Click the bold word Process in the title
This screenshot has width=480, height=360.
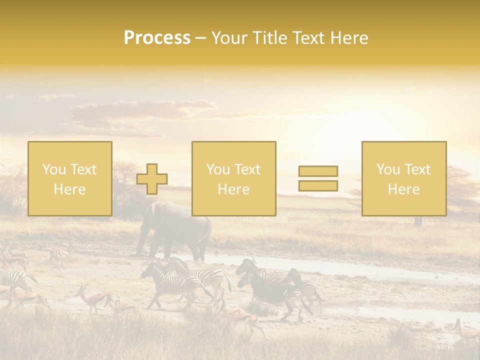(157, 38)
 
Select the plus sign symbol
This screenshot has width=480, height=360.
(152, 179)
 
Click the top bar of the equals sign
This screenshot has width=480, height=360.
(318, 171)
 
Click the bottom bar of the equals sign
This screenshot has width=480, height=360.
(318, 185)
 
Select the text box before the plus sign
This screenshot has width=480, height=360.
(70, 178)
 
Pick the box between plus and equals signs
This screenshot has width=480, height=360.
(234, 178)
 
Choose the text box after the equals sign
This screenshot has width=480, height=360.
(404, 178)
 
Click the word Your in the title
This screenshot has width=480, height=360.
(227, 38)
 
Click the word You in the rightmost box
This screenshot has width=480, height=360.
(388, 169)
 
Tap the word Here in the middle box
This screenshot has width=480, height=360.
(234, 189)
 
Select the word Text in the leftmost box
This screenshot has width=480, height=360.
(83, 169)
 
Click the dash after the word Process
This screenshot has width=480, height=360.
(200, 38)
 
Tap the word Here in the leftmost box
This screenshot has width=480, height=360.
(70, 189)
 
